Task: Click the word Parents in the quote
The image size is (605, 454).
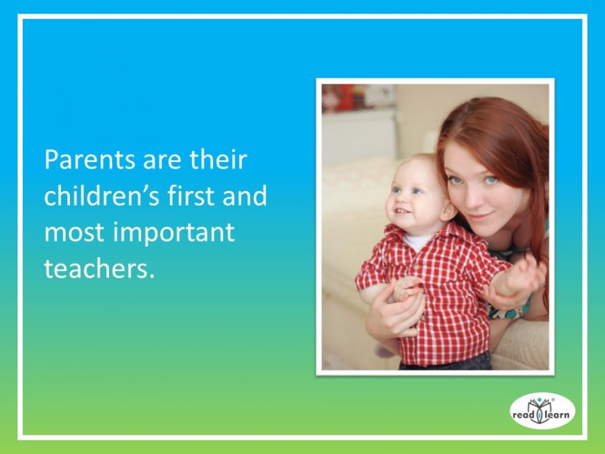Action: click(x=91, y=159)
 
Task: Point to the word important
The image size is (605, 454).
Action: click(x=173, y=233)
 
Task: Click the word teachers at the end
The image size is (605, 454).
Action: click(x=99, y=268)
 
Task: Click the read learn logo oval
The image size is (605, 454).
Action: click(x=542, y=411)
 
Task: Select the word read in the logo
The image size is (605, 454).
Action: click(x=523, y=414)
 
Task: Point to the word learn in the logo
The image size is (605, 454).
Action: click(x=557, y=414)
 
